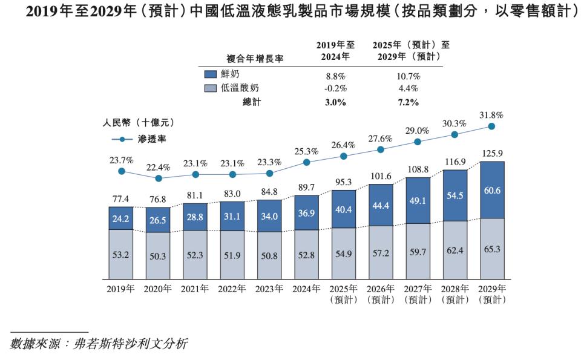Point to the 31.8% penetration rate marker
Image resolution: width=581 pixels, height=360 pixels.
pyautogui.click(x=492, y=126)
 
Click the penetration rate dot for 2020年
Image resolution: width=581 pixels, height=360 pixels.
pyautogui.click(x=159, y=178)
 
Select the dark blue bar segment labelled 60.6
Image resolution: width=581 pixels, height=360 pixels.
pyautogui.click(x=492, y=189)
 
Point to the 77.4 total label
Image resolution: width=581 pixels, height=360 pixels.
pyautogui.click(x=121, y=199)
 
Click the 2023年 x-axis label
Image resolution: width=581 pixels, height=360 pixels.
pyautogui.click(x=269, y=289)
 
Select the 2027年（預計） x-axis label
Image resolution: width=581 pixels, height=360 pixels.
pyautogui.click(x=418, y=294)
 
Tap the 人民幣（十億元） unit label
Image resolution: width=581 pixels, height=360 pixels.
pyautogui.click(x=139, y=123)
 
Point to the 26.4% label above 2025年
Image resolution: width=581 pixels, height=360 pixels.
pyautogui.click(x=344, y=145)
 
